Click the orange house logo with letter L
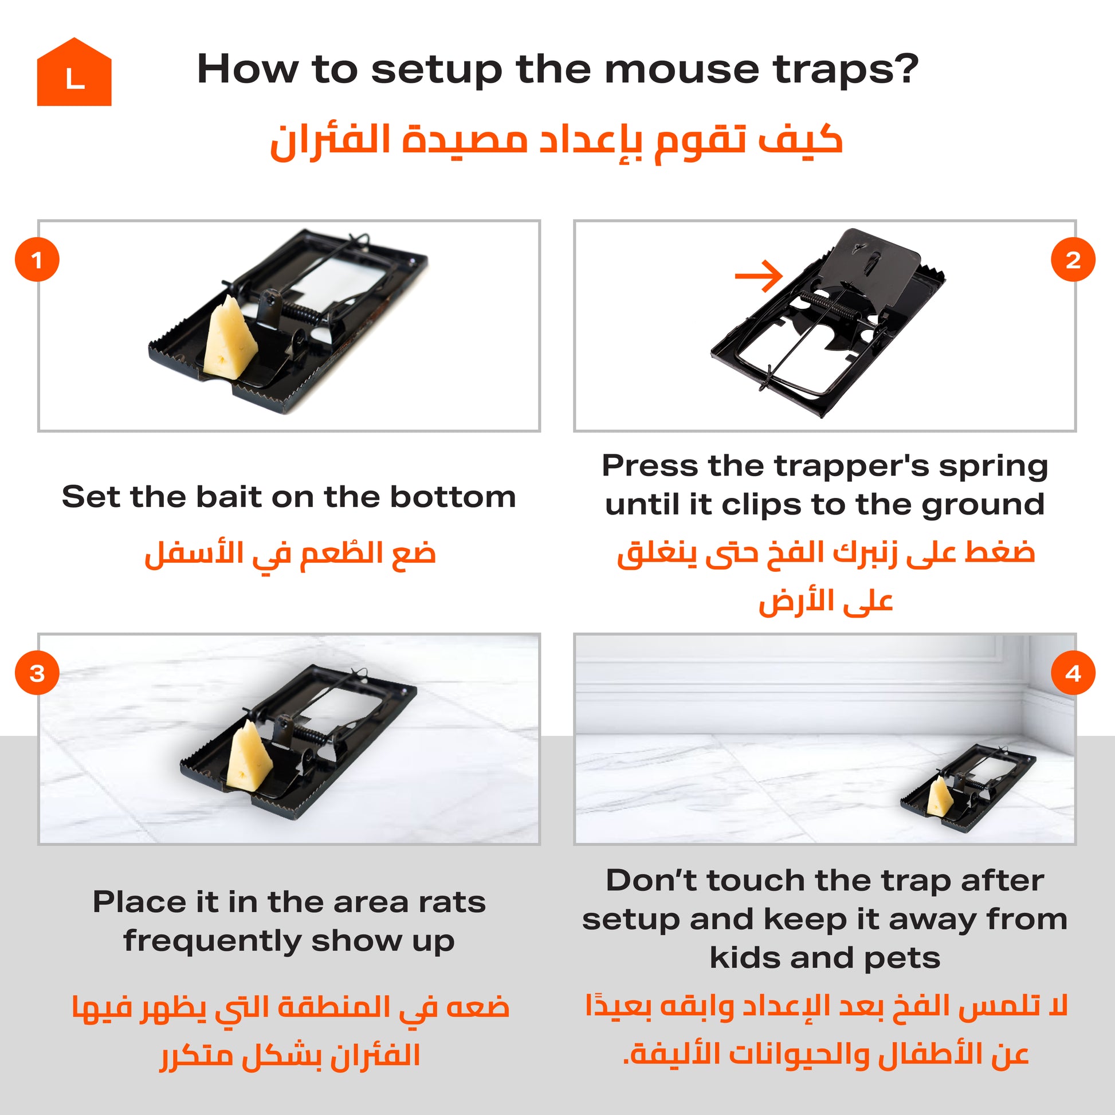[74, 73]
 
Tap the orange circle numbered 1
[37, 260]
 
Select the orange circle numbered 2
[1073, 260]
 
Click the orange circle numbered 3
[37, 673]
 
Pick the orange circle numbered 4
[1073, 673]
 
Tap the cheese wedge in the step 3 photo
[249, 753]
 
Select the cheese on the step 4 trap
[940, 796]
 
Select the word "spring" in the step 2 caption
[992, 467]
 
